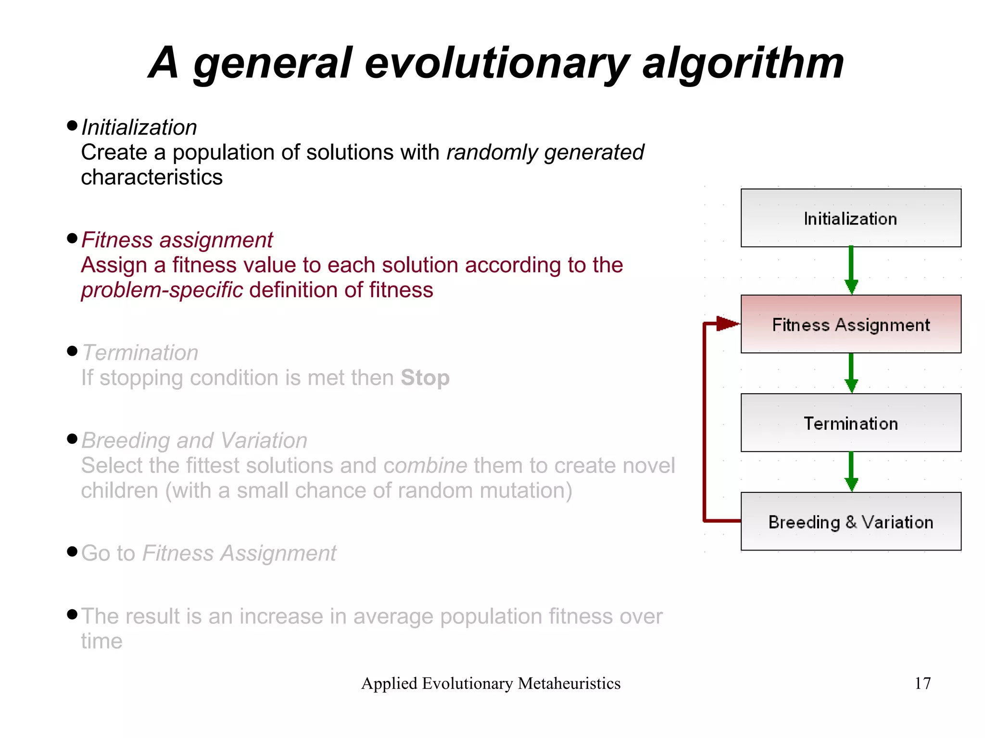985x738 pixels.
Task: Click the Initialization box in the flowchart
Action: pyautogui.click(x=850, y=218)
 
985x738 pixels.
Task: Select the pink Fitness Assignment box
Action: pyautogui.click(x=850, y=324)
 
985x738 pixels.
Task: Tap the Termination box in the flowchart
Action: pyautogui.click(x=850, y=423)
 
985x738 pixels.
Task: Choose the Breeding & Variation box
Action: pyautogui.click(x=850, y=521)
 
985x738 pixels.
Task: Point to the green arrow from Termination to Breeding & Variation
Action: pyautogui.click(x=851, y=472)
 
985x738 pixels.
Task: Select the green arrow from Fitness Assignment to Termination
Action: pyautogui.click(x=851, y=373)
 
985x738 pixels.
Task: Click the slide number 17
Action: pyautogui.click(x=922, y=683)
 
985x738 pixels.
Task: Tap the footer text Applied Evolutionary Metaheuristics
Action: pyautogui.click(x=491, y=683)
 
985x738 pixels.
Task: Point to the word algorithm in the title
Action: pyautogui.click(x=743, y=63)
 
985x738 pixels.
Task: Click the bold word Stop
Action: pyautogui.click(x=425, y=377)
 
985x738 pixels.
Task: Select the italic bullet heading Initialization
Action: pyautogui.click(x=139, y=127)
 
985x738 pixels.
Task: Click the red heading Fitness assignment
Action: pyautogui.click(x=177, y=240)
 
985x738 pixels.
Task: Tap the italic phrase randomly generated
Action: pyautogui.click(x=545, y=152)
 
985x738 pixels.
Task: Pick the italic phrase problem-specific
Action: pyautogui.click(x=162, y=290)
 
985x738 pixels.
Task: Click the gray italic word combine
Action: pyautogui.click(x=425, y=465)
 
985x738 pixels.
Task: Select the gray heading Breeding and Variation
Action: pyautogui.click(x=194, y=440)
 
